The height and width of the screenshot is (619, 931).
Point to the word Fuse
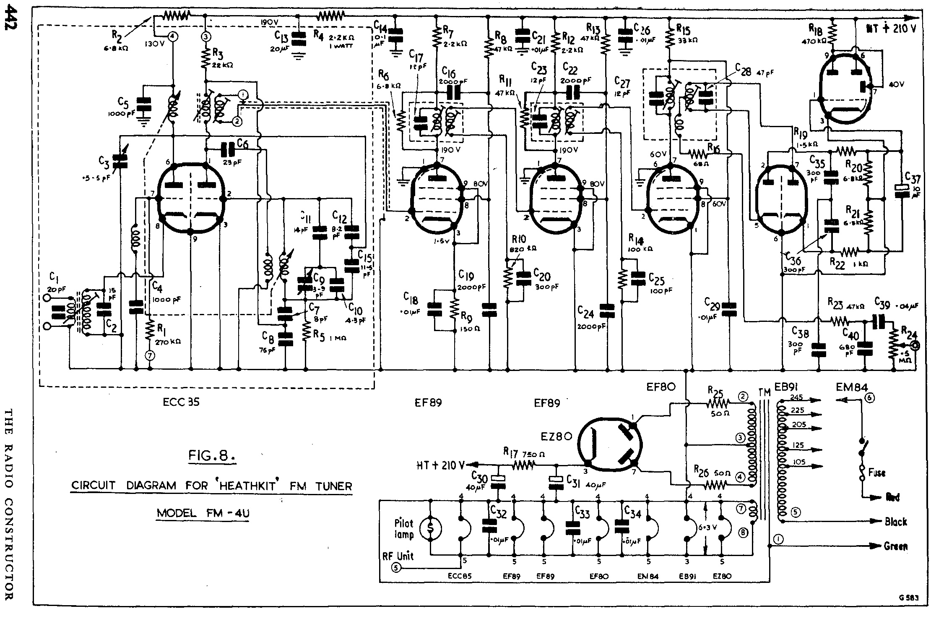[876, 473]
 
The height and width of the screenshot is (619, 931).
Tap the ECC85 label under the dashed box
[181, 402]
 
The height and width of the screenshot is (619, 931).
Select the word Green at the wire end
[896, 546]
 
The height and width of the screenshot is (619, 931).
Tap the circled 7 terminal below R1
[150, 356]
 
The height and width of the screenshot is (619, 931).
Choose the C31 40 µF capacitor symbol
[557, 483]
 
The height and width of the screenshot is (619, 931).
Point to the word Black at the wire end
[896, 522]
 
